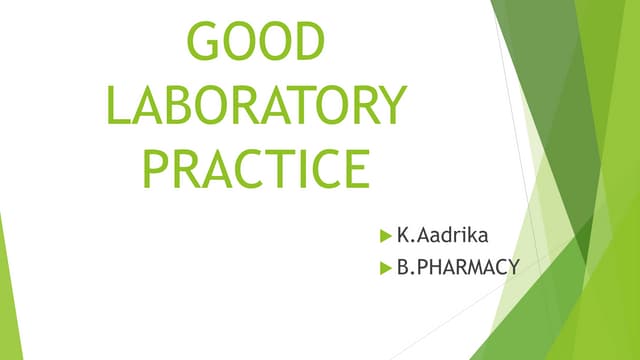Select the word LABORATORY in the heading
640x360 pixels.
tap(257, 105)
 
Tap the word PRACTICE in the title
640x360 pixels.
tap(256, 168)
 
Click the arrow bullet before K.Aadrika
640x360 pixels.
tap(385, 238)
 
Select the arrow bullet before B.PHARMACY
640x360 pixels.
tap(385, 268)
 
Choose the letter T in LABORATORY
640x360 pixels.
tap(296, 105)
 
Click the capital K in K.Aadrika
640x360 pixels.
tap(402, 237)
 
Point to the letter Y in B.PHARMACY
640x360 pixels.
tap(512, 268)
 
